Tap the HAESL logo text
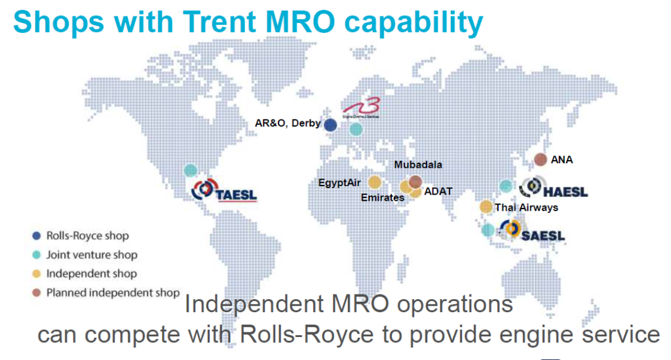pyautogui.click(x=565, y=191)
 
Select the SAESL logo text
pyautogui.click(x=543, y=235)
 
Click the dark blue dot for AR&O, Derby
pyautogui.click(x=331, y=125)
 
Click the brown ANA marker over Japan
pyautogui.click(x=541, y=159)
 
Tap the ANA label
pyautogui.click(x=562, y=159)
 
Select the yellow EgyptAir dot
pyautogui.click(x=374, y=182)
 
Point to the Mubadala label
pyautogui.click(x=418, y=165)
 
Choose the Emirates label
pyautogui.click(x=383, y=197)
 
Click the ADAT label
pyautogui.click(x=438, y=191)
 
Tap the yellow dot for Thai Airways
pyautogui.click(x=486, y=207)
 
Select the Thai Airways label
pyautogui.click(x=526, y=208)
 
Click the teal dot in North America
pyautogui.click(x=190, y=170)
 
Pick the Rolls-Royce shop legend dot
pyautogui.click(x=37, y=236)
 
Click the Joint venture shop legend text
pyautogui.click(x=92, y=255)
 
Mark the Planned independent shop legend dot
pyautogui.click(x=37, y=292)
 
